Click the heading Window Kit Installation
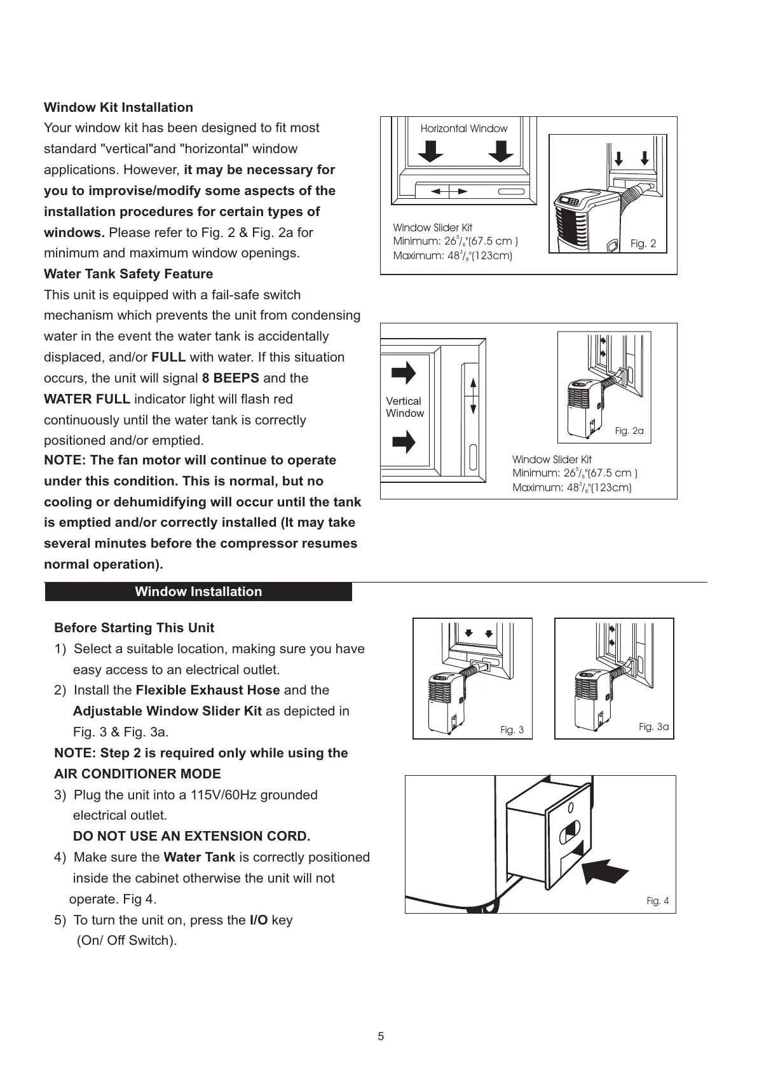118,107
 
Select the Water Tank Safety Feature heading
128,274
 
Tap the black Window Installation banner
198,592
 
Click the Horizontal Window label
464,128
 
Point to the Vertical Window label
404,407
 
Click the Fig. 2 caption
643,243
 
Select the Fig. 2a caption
629,431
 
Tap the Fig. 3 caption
512,730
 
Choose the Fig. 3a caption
653,727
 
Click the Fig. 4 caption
657,901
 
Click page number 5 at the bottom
381,1037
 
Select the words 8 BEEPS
230,378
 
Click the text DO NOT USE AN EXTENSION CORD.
191,836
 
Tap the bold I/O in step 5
258,920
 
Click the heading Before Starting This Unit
134,628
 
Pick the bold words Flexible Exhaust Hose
208,690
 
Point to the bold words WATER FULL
87,399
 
